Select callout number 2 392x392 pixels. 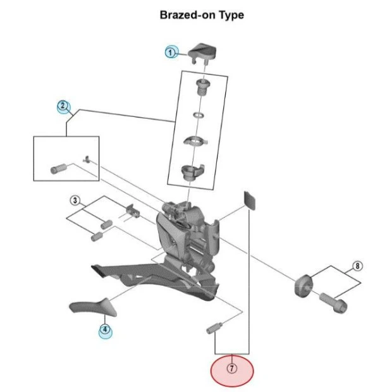tap(63, 106)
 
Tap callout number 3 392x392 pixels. tap(75, 201)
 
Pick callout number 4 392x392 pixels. tap(104, 329)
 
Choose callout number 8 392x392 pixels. tap(358, 266)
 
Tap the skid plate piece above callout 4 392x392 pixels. tap(92, 308)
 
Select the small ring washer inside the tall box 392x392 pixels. tap(198, 115)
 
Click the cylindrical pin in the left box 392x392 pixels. tap(59, 169)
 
